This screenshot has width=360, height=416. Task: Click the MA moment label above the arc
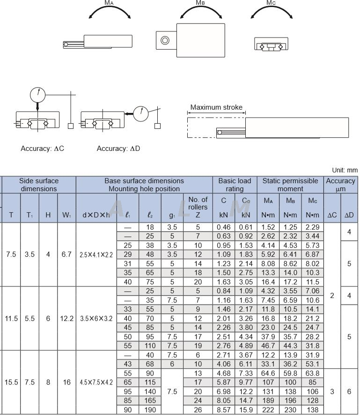[109, 3]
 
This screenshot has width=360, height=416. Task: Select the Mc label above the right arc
[271, 3]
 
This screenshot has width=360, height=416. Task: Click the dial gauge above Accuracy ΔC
[37, 95]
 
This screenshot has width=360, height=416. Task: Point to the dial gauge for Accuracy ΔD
[141, 113]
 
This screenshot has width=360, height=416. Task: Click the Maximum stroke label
[216, 107]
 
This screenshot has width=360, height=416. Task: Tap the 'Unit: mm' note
[345, 171]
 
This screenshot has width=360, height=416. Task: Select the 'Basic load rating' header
[235, 185]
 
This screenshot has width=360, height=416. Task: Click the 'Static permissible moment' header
[290, 185]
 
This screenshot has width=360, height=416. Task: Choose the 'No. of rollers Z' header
[198, 207]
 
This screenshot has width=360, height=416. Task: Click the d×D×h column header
[96, 215]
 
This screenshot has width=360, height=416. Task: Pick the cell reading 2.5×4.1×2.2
[96, 254]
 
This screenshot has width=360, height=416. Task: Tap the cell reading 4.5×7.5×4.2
[96, 382]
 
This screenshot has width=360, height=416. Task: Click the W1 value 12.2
[66, 319]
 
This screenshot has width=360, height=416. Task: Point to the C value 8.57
[224, 410]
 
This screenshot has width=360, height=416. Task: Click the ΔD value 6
[349, 392]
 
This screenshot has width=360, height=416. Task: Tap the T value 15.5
[11, 382]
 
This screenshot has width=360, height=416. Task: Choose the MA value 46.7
[268, 346]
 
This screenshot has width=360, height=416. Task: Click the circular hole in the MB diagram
[165, 40]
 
